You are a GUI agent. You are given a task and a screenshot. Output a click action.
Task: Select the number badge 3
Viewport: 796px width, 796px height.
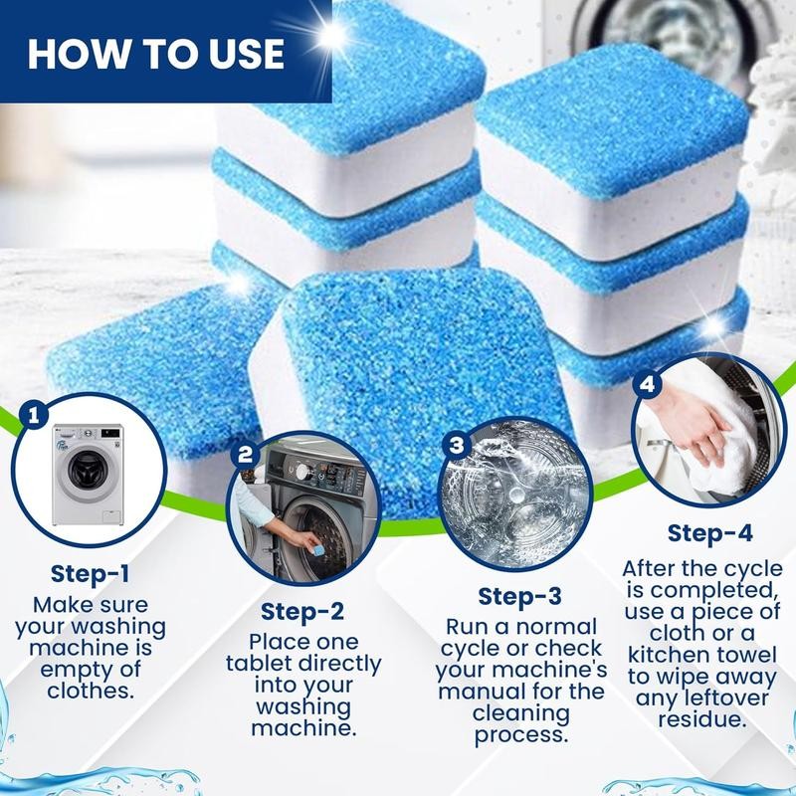[x=457, y=445]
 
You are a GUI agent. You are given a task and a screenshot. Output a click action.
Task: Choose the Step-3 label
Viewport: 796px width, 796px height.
[x=518, y=597]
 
